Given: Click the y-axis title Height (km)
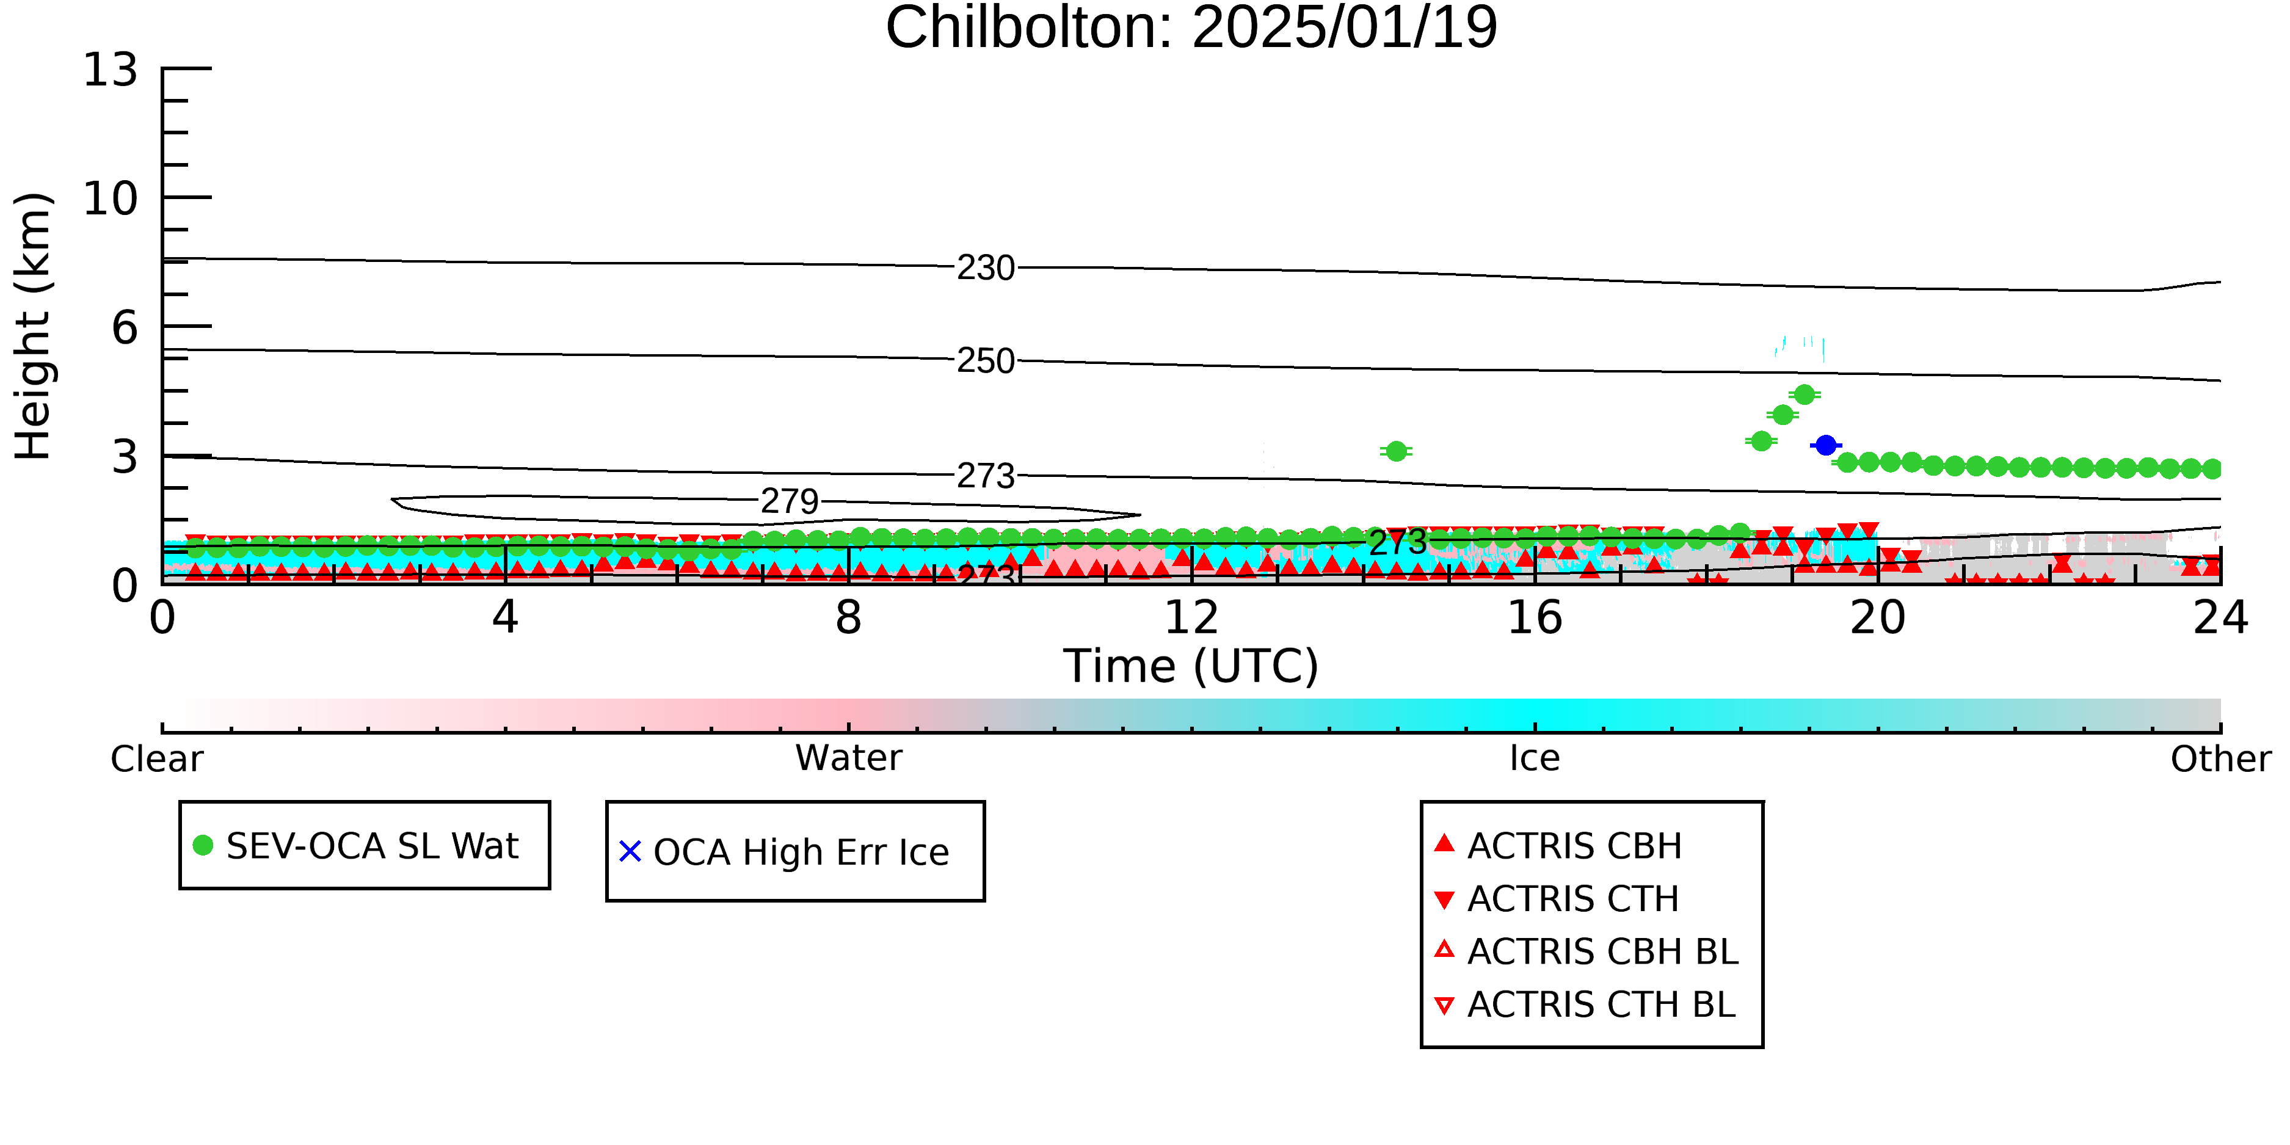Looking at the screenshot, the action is point(33,326).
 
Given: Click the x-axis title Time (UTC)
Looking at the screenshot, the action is point(1191,666).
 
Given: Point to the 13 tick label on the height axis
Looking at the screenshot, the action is point(111,70).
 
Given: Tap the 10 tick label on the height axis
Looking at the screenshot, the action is point(111,198).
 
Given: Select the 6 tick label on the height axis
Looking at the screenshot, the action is point(125,328).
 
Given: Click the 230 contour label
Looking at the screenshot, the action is point(986,267).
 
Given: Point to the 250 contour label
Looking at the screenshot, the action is point(986,361).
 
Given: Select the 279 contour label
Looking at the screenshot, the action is point(790,501).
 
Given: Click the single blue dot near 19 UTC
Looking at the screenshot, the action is point(1826,445).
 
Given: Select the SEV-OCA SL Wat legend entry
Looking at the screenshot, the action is point(357,845).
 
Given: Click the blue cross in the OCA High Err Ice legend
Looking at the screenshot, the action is point(630,852).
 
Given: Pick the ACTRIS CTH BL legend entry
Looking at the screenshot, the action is point(1586,1005).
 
